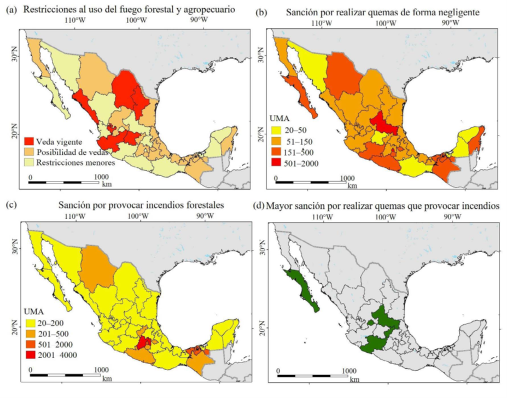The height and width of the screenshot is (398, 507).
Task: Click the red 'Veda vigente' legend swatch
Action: coord(29,141)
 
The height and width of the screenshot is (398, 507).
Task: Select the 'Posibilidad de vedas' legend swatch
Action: coord(29,151)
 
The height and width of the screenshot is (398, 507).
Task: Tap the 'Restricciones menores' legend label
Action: coord(75,162)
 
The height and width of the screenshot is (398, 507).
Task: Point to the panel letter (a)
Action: coord(12,10)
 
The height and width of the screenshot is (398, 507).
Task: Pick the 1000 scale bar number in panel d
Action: coord(349,371)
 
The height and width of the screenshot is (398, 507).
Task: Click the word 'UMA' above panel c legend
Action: coord(34,312)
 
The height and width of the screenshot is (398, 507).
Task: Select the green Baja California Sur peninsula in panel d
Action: coord(302,290)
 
